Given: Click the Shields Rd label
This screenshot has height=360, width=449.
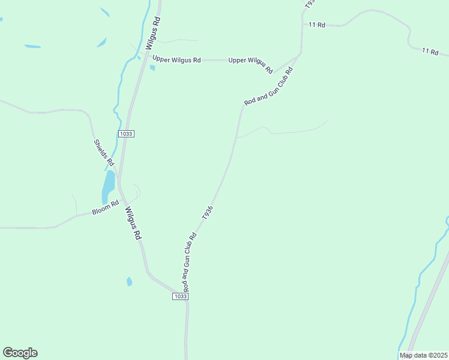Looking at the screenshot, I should (103, 152).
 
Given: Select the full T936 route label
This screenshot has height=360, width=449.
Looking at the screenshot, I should (208, 212).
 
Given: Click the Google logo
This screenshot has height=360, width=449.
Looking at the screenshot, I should (20, 353).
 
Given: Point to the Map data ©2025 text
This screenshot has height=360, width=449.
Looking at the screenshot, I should (423, 355).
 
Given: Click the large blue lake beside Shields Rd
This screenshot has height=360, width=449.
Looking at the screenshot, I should (108, 187).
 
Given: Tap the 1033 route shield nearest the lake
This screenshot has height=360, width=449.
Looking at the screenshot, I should (125, 134).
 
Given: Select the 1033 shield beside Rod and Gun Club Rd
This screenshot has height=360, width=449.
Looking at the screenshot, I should (180, 296).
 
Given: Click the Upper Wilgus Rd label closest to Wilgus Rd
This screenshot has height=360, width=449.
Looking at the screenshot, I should (176, 59).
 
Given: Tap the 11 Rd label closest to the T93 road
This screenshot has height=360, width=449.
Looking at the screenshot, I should (316, 25).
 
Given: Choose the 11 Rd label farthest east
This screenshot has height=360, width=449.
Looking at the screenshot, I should (430, 52).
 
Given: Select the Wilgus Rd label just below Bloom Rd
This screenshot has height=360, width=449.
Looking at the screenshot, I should (133, 223).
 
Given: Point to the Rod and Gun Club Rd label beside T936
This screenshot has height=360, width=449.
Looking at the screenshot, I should (190, 262).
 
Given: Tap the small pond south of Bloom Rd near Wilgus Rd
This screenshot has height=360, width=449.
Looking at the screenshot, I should (129, 281).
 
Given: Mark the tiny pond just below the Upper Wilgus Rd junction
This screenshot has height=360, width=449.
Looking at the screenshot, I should (152, 68).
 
